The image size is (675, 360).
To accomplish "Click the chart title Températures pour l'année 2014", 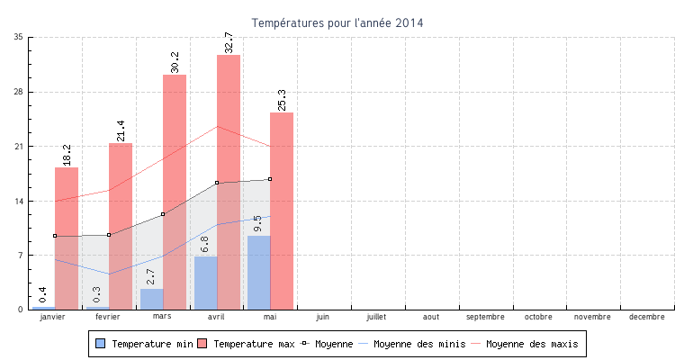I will (x=337, y=22).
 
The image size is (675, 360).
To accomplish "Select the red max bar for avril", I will (x=229, y=180).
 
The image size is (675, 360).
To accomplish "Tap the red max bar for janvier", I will (x=67, y=238).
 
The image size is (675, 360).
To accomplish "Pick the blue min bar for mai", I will (x=258, y=272).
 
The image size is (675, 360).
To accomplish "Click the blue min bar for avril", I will (x=205, y=283).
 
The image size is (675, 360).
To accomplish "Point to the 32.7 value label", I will (x=229, y=40).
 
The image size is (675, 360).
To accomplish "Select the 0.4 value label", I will (x=43, y=294).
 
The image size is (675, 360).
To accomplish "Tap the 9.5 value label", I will (x=258, y=223).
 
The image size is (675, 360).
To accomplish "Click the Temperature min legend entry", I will (x=144, y=344).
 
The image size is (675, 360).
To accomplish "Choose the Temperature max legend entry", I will (x=247, y=344).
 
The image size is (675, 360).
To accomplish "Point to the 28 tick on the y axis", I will (x=18, y=92).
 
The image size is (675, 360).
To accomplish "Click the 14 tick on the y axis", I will (x=18, y=201).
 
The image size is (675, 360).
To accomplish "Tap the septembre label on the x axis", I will (x=485, y=317).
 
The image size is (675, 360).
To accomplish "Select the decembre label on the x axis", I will (x=647, y=317).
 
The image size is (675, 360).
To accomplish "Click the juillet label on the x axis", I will (x=377, y=317).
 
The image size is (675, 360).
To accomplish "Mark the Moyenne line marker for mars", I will (x=163, y=214).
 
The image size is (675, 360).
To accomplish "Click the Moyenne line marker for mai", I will (x=270, y=179).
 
